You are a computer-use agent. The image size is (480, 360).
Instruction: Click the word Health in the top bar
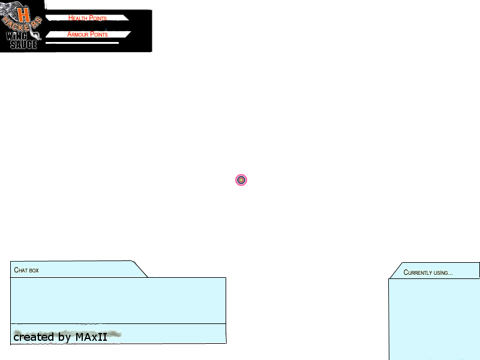[x=78, y=18]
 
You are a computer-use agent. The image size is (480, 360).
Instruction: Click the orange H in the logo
[x=23, y=14]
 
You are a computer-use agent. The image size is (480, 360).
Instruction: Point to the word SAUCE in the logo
[x=23, y=44]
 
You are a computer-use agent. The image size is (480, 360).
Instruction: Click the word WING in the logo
[x=17, y=36]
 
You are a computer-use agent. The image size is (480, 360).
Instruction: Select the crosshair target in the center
[x=241, y=180]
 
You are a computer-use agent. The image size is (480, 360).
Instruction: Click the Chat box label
[x=26, y=270]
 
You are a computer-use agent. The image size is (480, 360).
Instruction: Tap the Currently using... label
[x=428, y=272]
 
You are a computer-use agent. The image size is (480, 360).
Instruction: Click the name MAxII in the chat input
[x=91, y=337]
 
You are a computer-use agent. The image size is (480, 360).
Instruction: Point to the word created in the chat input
[x=34, y=337]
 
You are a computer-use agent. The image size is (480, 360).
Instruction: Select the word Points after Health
[x=98, y=18]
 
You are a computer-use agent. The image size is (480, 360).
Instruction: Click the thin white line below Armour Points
[x=82, y=43]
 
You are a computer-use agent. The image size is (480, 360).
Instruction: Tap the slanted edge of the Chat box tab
[x=140, y=269]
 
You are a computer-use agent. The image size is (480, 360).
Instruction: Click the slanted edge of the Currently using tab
[x=395, y=271]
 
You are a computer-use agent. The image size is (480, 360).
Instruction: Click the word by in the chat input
[x=65, y=337]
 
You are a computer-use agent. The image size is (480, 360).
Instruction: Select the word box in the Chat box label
[x=34, y=271]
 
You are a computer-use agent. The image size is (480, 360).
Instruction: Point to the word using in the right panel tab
[x=443, y=273]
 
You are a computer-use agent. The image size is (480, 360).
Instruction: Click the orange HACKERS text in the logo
[x=22, y=25]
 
